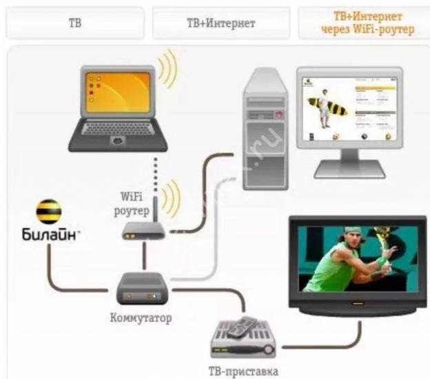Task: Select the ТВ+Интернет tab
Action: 221,23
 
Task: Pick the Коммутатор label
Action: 141,319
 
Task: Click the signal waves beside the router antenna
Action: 171,197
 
